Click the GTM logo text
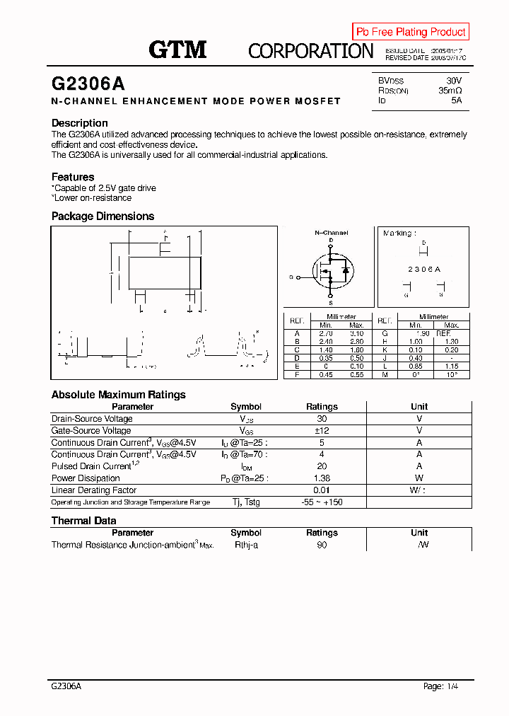pos(177,50)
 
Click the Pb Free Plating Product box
pos(411,32)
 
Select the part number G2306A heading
pos(88,83)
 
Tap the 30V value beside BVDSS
pos(453,81)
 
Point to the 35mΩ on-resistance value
pos(450,91)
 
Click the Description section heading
pos(80,123)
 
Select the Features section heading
pos(73,177)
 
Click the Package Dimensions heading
pos(103,216)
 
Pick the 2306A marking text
pos(424,270)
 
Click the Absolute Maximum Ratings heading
pos(119,395)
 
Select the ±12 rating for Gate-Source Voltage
pos(322,431)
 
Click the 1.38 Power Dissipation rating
pos(322,478)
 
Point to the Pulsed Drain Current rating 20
pos(322,466)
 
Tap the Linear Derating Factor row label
pos(94,490)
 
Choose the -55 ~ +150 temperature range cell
pos(322,502)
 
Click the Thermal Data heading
pos(83,521)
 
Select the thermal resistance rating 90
pos(322,545)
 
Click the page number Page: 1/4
pos(445,686)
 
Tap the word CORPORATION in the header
pos(310,51)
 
